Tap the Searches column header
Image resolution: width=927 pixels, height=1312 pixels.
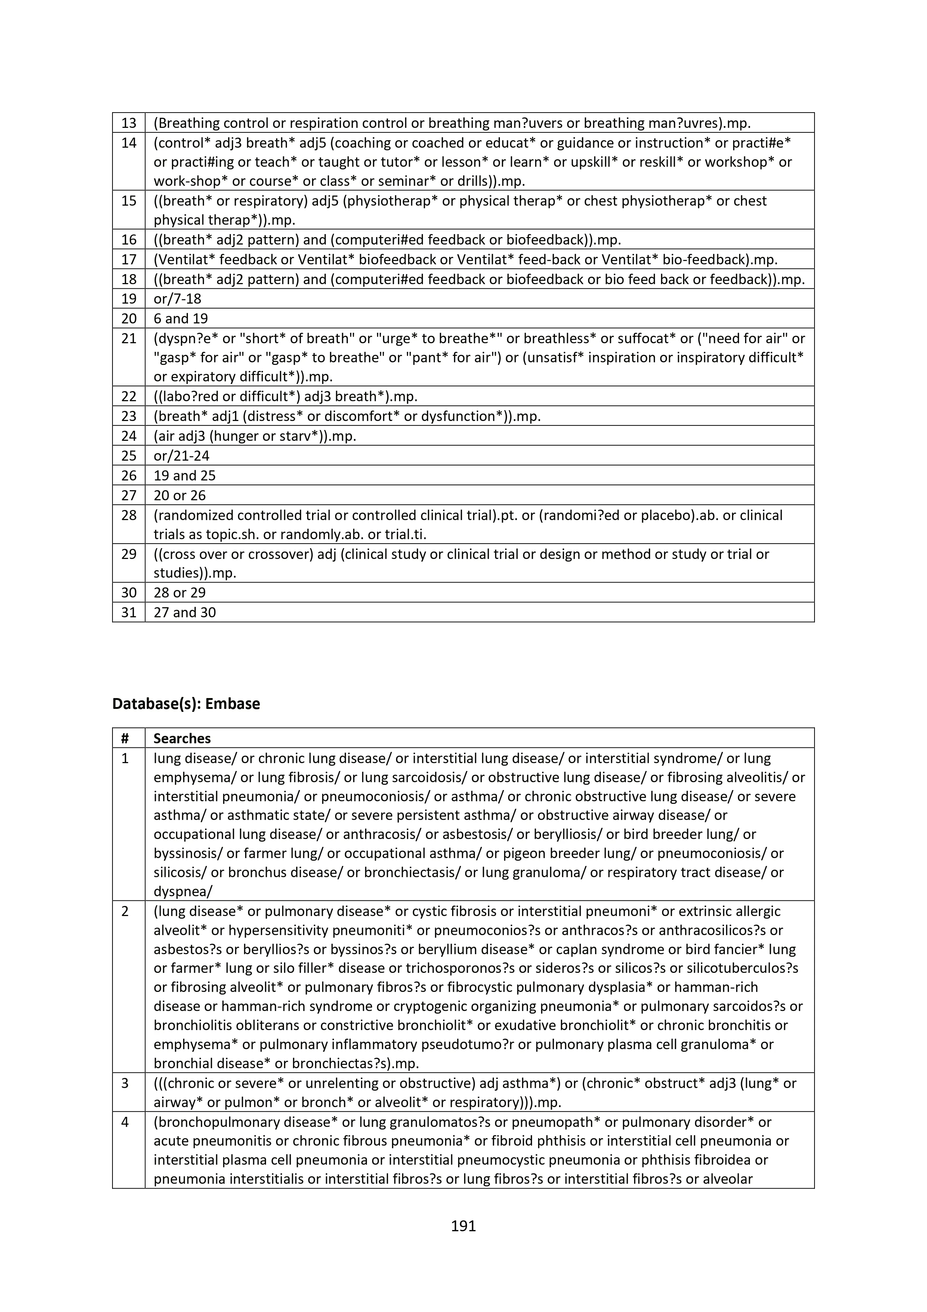point(182,738)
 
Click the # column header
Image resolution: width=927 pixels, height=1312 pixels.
point(125,738)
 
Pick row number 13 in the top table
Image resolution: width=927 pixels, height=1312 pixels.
point(129,123)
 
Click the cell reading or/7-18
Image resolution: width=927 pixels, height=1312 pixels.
point(177,298)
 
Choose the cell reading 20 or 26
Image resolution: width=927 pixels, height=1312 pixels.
point(179,495)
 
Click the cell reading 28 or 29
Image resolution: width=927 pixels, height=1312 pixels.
point(179,593)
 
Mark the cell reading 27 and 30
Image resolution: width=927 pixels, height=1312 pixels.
point(185,612)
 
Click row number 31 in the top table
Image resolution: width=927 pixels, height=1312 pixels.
point(129,612)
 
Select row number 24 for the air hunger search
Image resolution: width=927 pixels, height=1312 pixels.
point(129,436)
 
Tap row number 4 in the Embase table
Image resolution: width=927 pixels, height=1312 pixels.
point(125,1122)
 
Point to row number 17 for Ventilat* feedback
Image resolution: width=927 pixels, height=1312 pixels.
point(129,259)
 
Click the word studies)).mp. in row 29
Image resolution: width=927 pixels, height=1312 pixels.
point(195,573)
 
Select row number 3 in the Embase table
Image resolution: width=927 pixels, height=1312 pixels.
point(125,1084)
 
